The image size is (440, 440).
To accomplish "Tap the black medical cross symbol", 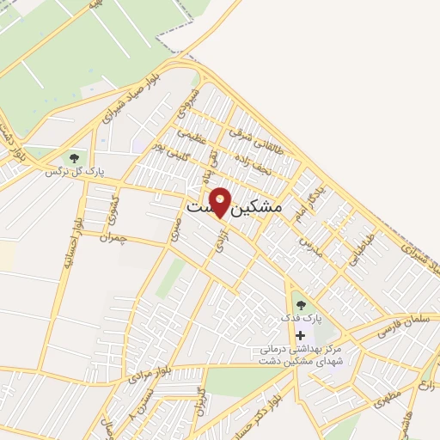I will [x=300, y=335].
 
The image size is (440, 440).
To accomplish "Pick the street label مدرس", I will [x=308, y=247].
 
